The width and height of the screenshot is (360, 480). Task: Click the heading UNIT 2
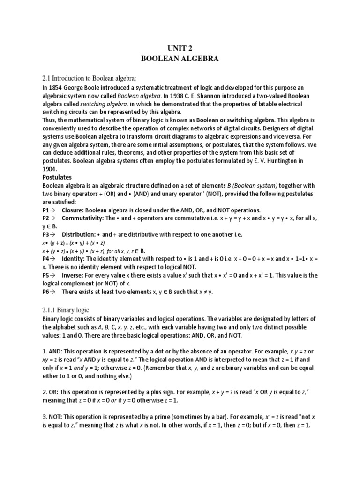pyautogui.click(x=180, y=48)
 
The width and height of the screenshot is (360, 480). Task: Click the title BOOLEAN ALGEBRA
pyautogui.click(x=180, y=60)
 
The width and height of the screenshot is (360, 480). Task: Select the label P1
pyautogui.click(x=46, y=210)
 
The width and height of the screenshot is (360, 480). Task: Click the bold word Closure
pyautogui.click(x=74, y=210)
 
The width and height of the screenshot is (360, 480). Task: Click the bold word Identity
pyautogui.click(x=73, y=258)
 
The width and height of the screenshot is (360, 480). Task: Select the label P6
pyautogui.click(x=46, y=292)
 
